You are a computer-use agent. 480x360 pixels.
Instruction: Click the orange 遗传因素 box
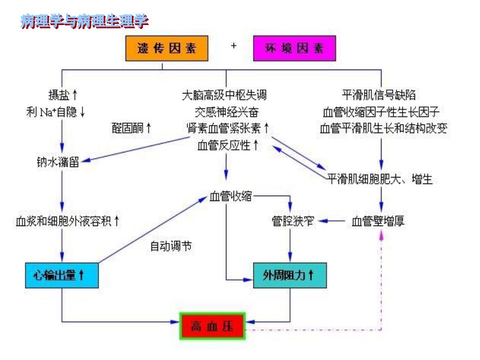167,48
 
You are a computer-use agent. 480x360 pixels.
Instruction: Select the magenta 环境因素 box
294,48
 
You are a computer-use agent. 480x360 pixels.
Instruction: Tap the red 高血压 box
212,326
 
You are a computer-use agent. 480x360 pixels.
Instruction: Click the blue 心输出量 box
62,275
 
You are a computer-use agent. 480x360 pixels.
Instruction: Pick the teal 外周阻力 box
290,275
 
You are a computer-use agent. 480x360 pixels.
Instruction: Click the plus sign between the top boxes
233,46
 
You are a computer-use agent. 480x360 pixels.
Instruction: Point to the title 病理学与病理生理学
84,21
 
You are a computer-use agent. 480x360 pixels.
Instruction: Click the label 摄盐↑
63,95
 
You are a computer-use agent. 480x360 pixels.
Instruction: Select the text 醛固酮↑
131,128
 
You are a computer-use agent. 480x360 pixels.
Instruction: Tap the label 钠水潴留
58,162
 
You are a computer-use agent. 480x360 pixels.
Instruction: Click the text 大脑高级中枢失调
224,95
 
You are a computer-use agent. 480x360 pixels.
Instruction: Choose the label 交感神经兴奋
227,112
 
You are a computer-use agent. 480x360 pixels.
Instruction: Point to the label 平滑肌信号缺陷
379,95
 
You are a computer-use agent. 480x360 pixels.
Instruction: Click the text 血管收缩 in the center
231,196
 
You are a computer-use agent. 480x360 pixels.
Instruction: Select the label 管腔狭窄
293,221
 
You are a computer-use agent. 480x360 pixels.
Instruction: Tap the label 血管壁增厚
378,221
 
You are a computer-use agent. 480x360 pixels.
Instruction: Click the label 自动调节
171,246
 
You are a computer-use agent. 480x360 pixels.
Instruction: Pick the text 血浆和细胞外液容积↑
67,221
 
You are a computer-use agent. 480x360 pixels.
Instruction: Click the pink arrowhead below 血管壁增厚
381,234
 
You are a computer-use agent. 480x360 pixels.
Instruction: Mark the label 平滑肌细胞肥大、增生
379,179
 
